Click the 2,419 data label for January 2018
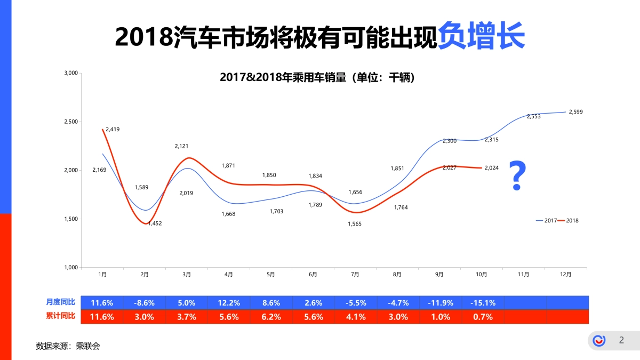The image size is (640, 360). (113, 129)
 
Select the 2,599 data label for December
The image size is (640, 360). (576, 112)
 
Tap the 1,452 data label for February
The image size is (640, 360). (155, 223)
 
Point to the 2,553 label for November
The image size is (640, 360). (534, 116)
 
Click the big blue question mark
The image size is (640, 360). (517, 177)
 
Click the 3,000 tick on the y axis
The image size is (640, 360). (71, 73)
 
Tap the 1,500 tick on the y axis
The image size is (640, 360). (71, 219)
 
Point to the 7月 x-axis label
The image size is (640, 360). (355, 275)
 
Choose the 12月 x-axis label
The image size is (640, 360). (565, 275)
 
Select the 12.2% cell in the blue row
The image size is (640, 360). (229, 303)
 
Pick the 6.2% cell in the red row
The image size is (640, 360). (271, 317)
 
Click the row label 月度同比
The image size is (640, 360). (61, 302)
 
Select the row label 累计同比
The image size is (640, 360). (61, 316)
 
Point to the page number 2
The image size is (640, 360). (621, 340)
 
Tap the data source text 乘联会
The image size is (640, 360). (88, 346)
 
